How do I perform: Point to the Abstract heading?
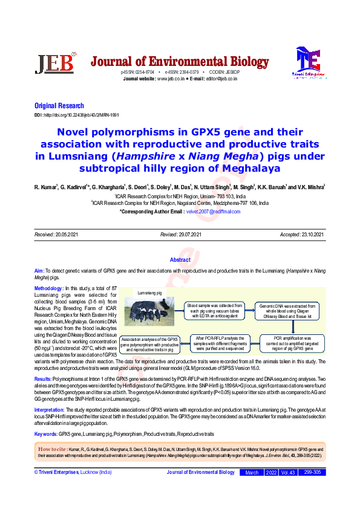(180, 260)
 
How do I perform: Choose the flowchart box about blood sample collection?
(214, 310)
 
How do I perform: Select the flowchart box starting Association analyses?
(149, 344)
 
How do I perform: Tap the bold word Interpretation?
(54, 410)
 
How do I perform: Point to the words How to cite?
(53, 450)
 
